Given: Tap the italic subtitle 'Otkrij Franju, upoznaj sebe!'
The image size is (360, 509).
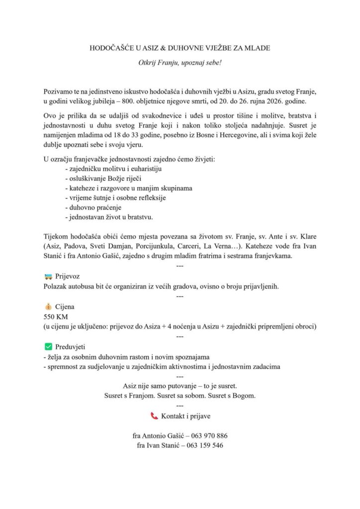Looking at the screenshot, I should [x=180, y=63].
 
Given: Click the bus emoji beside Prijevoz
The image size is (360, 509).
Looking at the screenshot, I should [x=48, y=276].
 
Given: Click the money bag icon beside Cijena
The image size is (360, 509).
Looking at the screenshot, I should [x=48, y=307].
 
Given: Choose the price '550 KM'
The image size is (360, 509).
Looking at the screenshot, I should [x=56, y=317].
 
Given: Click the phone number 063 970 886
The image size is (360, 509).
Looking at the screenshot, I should [x=206, y=436].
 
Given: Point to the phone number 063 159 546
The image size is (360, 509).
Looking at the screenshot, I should [x=204, y=445].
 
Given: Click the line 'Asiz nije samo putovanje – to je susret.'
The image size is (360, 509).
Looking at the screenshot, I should [x=180, y=386].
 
